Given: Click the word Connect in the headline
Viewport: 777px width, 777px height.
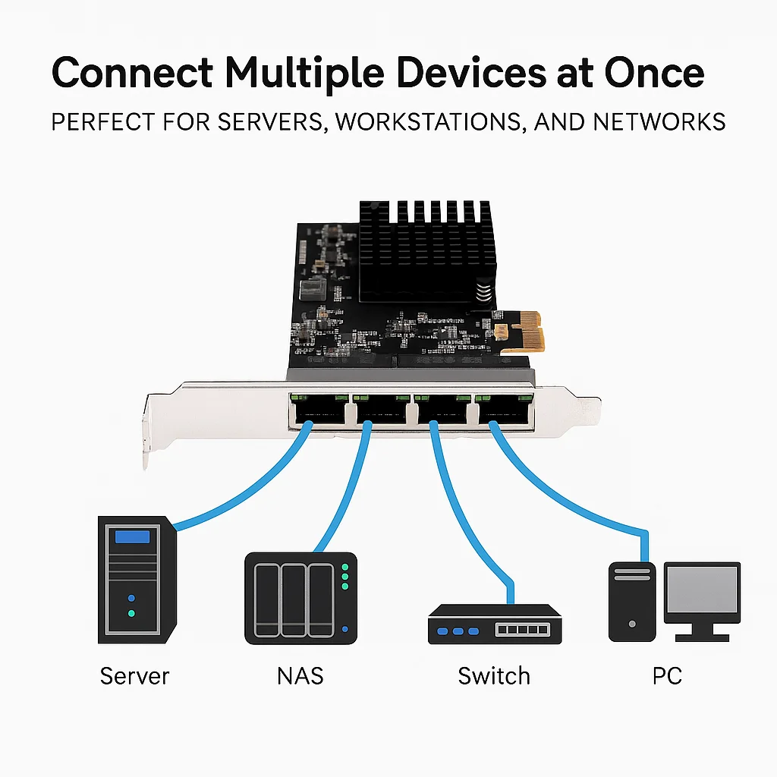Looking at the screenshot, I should (132, 74).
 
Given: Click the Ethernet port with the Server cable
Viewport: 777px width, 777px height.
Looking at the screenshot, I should (318, 410).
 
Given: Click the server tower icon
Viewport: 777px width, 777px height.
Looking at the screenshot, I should (137, 580).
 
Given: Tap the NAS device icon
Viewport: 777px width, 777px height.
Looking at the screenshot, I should (300, 599).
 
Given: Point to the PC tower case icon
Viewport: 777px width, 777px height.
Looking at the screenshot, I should (631, 602).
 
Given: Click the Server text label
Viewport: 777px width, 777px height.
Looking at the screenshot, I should (134, 675).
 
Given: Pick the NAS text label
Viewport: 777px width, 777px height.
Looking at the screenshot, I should (300, 675).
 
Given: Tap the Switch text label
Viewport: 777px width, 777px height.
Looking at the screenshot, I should (494, 675).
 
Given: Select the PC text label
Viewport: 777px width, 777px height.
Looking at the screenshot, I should (667, 675).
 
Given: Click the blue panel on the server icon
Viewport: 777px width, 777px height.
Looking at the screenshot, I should (132, 537).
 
